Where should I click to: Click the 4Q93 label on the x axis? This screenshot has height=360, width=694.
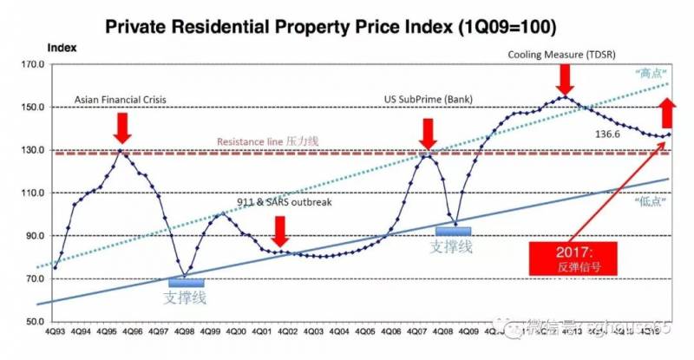(x=55, y=332)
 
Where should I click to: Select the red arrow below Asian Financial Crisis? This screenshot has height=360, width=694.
(x=122, y=128)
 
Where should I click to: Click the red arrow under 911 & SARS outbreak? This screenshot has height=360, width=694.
(x=279, y=231)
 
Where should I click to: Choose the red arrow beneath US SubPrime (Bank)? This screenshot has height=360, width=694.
(x=427, y=133)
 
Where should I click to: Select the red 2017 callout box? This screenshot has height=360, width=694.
(x=573, y=258)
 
